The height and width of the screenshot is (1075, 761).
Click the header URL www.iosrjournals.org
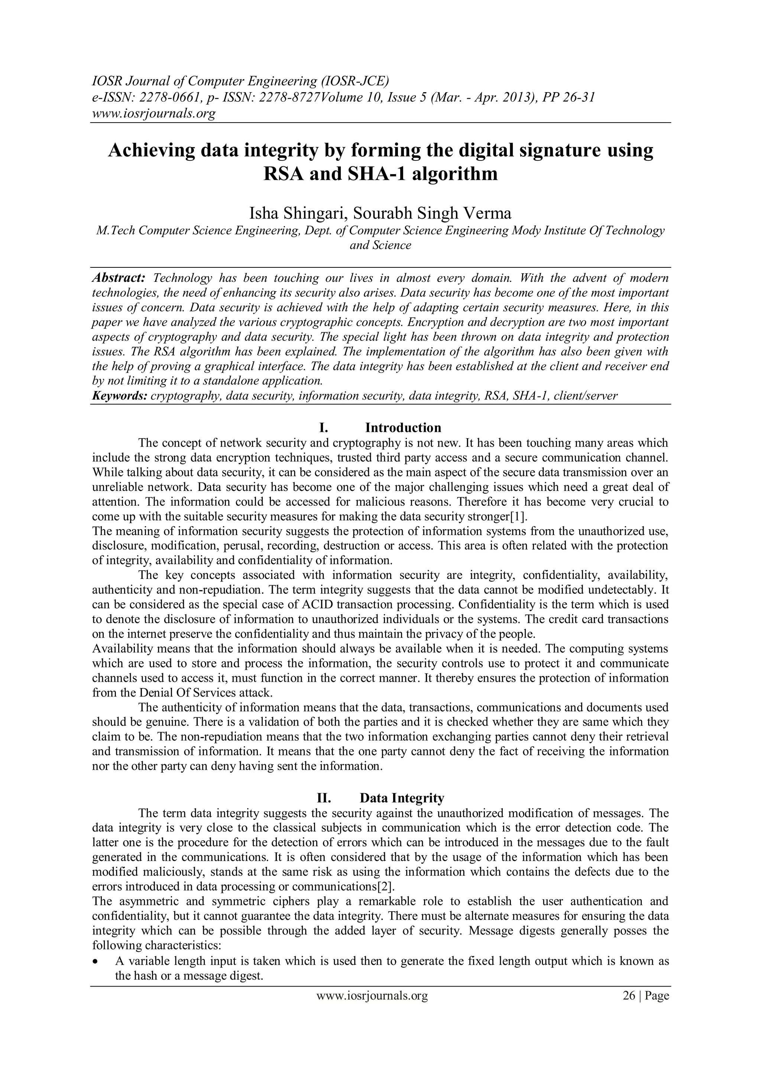(x=153, y=113)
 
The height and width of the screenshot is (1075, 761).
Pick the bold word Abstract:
(x=119, y=278)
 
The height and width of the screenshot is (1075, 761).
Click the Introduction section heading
(x=403, y=427)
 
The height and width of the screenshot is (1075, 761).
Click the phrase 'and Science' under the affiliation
(x=380, y=245)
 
